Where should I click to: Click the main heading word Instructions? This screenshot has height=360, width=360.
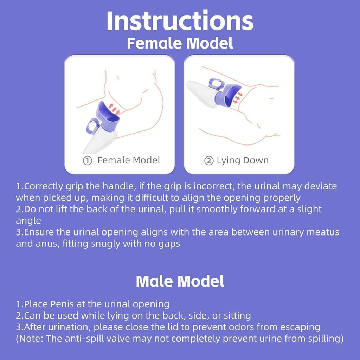click(x=180, y=21)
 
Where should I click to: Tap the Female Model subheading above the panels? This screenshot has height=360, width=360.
click(x=180, y=43)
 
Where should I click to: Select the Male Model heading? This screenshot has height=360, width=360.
click(x=180, y=281)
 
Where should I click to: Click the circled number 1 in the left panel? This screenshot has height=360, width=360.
click(x=87, y=161)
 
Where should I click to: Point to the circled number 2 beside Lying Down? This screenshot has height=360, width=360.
click(x=209, y=161)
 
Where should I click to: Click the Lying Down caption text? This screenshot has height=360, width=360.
click(x=242, y=161)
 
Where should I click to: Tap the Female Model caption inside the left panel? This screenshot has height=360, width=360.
click(x=129, y=161)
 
